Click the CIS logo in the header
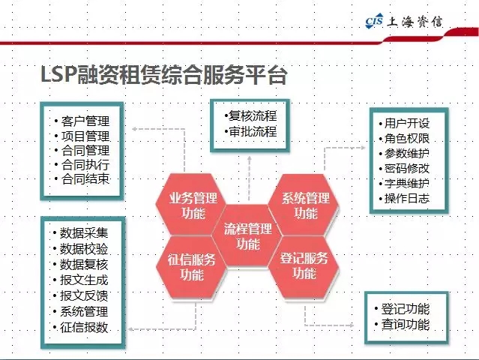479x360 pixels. click(x=374, y=21)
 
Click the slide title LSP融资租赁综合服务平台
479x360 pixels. click(x=164, y=74)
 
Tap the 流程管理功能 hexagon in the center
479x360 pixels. click(x=248, y=236)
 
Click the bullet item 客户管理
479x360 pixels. click(x=85, y=121)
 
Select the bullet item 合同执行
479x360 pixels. click(x=85, y=165)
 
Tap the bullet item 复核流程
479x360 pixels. click(x=253, y=116)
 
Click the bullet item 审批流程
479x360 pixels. click(x=253, y=132)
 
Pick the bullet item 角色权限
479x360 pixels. click(x=407, y=139)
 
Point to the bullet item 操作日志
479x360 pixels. click(x=407, y=198)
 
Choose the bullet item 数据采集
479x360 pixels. click(x=84, y=232)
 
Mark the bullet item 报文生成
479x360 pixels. click(x=84, y=280)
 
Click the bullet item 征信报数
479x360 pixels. click(x=84, y=327)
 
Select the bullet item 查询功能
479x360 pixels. click(x=406, y=324)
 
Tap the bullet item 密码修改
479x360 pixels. click(x=407, y=169)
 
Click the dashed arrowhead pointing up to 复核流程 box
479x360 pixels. click(x=250, y=158)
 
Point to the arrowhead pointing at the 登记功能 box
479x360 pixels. click(x=352, y=325)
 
